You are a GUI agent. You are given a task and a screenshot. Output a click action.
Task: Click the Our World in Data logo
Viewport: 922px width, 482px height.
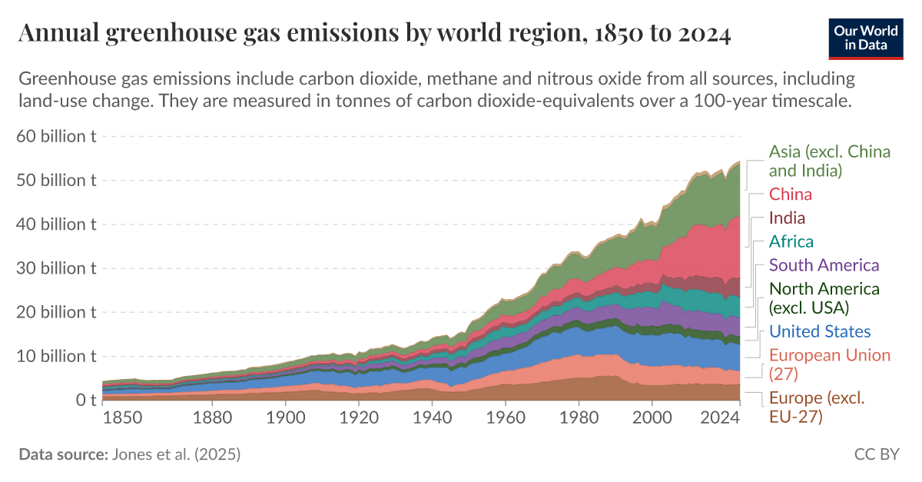point(865,36)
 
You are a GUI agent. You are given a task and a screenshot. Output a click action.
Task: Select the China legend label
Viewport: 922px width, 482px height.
point(791,194)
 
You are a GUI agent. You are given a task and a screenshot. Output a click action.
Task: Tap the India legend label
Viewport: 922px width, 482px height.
point(787,218)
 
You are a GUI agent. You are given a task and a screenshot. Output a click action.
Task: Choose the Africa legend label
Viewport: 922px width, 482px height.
point(791,241)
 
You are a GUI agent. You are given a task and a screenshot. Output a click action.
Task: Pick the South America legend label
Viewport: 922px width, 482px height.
point(824,265)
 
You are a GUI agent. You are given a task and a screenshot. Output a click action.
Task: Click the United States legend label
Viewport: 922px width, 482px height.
point(820,332)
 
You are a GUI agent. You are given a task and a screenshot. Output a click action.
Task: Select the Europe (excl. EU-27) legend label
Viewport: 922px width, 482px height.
point(817,407)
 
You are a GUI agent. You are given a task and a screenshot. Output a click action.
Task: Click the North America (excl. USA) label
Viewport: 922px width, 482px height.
point(824,298)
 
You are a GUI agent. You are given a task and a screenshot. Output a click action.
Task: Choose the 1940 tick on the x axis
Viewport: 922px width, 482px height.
point(432,418)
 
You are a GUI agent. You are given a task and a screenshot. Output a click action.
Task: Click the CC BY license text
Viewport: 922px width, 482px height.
point(876,454)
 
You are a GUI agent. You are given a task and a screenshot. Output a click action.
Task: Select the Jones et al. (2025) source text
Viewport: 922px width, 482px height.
point(176,454)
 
